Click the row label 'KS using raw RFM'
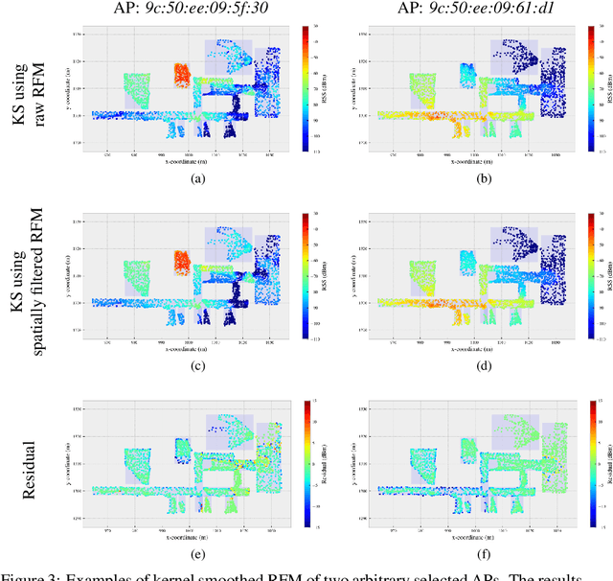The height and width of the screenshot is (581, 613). click(38, 91)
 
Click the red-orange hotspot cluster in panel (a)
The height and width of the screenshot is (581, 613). click(182, 75)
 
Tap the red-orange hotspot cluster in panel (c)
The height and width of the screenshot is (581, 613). click(182, 262)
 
